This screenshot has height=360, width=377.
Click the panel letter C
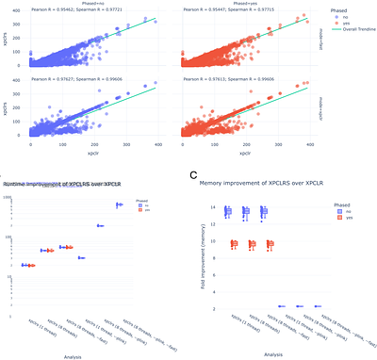[193, 175]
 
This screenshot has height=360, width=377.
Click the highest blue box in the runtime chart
[120, 205]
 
